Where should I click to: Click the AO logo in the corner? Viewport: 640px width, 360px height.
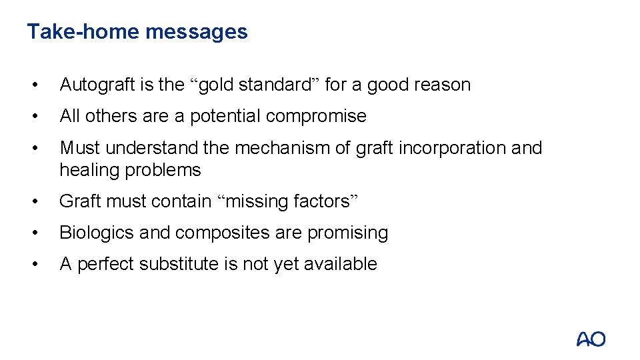tap(591, 339)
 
